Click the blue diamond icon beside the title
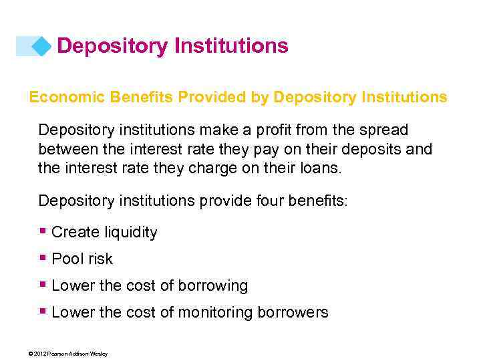point(42,46)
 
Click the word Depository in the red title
point(112,46)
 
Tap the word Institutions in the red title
point(231,46)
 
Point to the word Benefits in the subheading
point(136,98)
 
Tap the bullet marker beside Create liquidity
point(43,231)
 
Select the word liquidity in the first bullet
point(132,233)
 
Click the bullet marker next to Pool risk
point(43,258)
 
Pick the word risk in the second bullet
point(99,259)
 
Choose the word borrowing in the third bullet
point(212,286)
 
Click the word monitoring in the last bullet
point(214,313)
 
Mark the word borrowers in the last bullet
point(295,313)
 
